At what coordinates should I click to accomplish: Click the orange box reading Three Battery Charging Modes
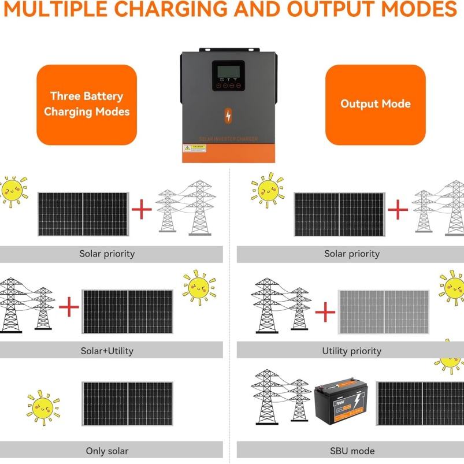(x=87, y=104)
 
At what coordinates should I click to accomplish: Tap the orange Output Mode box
(x=375, y=104)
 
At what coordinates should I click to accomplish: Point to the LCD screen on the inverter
(x=228, y=72)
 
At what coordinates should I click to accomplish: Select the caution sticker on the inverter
(x=194, y=148)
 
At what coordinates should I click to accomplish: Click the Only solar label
(x=107, y=451)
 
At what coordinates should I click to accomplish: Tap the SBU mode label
(x=351, y=451)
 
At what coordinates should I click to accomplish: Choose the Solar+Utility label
(x=107, y=350)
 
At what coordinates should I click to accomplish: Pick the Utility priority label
(x=351, y=350)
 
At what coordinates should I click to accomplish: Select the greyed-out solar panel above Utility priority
(x=383, y=312)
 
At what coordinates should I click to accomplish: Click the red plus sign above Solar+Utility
(x=69, y=307)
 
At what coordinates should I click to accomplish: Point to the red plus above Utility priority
(x=325, y=312)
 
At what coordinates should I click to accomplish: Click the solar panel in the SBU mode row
(x=420, y=403)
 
